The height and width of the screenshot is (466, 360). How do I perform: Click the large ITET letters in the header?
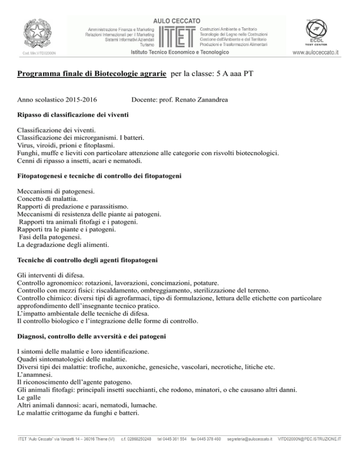pyautogui.click(x=178, y=36)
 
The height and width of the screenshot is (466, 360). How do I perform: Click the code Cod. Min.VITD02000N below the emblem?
pyautogui.click(x=37, y=53)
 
